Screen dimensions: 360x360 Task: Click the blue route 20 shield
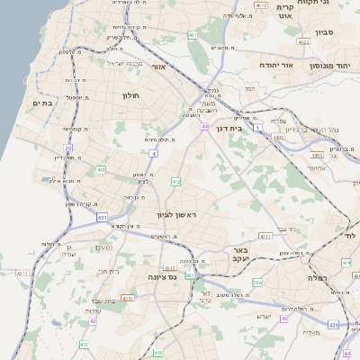67,148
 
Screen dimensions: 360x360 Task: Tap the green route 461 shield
193,34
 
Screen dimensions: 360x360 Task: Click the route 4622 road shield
303,42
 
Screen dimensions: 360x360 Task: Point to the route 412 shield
176,182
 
